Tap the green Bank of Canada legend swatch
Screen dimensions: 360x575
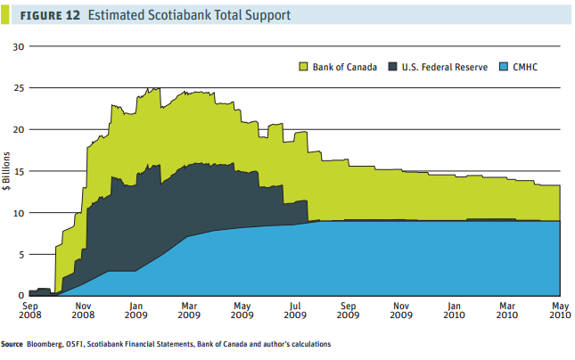303,67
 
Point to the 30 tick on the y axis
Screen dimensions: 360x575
19,46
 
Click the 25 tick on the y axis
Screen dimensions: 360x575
19,88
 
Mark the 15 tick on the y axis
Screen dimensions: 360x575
19,171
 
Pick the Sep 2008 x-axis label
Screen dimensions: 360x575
29,310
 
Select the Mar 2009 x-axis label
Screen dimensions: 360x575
188,310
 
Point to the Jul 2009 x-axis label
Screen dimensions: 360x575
294,310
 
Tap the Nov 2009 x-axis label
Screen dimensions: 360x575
400,310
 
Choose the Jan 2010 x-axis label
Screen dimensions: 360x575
454,310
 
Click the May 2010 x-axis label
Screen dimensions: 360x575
560,310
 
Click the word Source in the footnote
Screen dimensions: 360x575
12,344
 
